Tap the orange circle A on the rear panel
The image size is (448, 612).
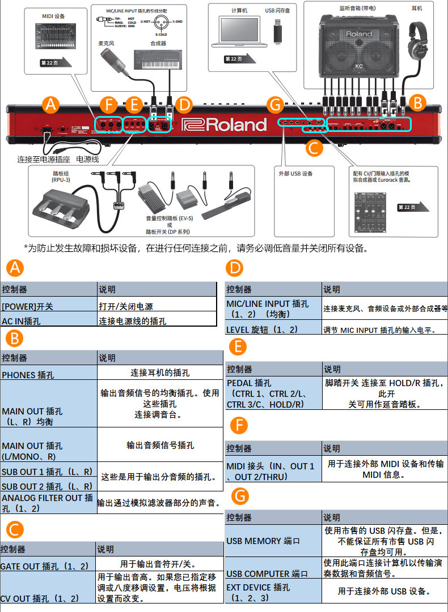tap(51, 104)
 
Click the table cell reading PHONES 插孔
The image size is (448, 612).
tap(49, 374)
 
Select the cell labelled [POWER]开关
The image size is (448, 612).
tap(49, 306)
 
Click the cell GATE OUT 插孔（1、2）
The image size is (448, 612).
tap(48, 566)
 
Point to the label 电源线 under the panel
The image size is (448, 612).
tap(87, 160)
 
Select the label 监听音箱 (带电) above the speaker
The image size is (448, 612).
tap(352, 8)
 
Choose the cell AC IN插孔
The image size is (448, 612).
tap(49, 321)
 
